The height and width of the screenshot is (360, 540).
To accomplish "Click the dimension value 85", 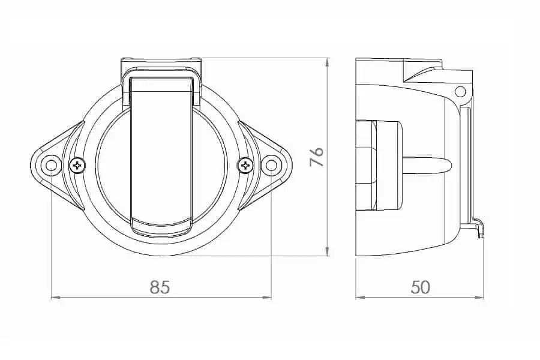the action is tap(160, 287).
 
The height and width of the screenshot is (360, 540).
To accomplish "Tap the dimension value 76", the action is tap(317, 157).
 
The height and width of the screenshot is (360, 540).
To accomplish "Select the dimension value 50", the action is tap(421, 287).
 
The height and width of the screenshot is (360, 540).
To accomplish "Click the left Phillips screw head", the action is tap(78, 166).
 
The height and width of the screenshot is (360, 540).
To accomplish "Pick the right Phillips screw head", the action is tap(245, 166).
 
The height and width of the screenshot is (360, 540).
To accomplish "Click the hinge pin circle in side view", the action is tap(460, 91).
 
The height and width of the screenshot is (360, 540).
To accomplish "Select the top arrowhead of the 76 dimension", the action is tap(328, 62).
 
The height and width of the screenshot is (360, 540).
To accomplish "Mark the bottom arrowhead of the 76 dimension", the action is tap(328, 252).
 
